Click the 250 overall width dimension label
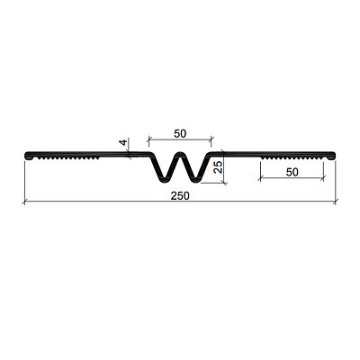tap(180, 196)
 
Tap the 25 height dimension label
tap(219, 166)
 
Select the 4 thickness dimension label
tap(123, 142)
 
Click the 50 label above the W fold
tap(180, 133)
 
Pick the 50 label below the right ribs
tap(292, 172)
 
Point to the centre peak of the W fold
tap(180, 154)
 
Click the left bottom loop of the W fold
tap(164, 179)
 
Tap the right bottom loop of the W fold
tap(196, 179)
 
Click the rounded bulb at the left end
tap(29, 156)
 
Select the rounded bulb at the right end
tap(331, 156)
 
